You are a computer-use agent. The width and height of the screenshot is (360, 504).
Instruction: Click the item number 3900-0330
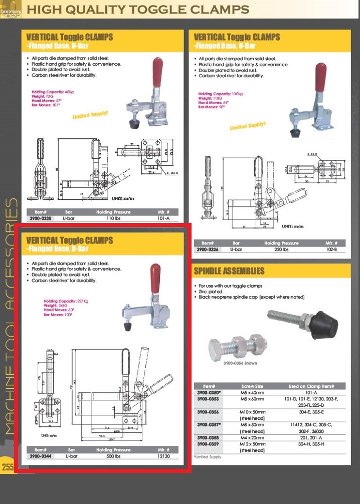pos(40,218)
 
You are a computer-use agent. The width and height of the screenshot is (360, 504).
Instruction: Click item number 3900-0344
pos(40,456)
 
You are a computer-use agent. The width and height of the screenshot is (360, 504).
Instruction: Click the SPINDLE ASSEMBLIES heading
pos(229,271)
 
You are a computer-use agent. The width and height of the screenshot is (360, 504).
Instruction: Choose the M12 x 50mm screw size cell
pos(252,444)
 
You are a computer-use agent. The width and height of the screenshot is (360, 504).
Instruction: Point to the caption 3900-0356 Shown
pos(240,363)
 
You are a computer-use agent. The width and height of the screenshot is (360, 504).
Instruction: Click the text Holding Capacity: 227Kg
pos(66,301)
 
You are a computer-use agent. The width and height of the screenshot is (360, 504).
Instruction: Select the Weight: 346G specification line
pos(58,306)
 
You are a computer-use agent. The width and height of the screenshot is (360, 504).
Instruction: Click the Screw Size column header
pos(252,386)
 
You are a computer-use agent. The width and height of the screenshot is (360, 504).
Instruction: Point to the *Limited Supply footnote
pos(208,457)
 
